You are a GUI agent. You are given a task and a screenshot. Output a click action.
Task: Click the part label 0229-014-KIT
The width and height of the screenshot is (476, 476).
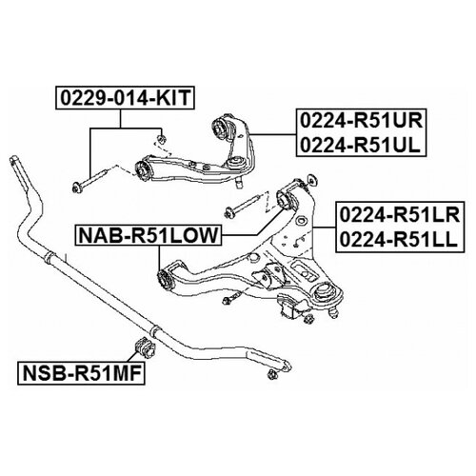[125, 98]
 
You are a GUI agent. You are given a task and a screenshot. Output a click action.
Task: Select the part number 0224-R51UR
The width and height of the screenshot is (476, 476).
[361, 121]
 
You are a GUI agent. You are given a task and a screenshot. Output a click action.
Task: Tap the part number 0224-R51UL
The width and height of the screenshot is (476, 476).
[360, 146]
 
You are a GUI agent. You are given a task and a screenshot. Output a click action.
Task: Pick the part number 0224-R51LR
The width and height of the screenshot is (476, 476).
[400, 215]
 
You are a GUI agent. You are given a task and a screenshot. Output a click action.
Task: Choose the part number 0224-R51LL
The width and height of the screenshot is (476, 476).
[399, 239]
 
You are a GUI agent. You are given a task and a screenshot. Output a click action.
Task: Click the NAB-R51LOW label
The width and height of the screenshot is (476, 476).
[149, 235]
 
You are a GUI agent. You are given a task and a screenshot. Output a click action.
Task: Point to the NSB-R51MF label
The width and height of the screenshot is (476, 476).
[82, 373]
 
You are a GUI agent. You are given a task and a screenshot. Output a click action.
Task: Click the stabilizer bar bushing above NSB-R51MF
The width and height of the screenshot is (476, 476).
[145, 347]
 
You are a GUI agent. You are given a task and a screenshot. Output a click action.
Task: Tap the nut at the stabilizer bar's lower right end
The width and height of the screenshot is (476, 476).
[272, 374]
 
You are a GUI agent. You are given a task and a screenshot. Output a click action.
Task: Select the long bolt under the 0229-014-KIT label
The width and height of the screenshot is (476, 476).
[90, 180]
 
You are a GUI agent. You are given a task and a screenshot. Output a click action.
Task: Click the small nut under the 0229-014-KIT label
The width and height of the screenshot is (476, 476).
[162, 138]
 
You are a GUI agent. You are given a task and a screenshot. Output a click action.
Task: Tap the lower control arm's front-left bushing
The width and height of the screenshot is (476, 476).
[165, 277]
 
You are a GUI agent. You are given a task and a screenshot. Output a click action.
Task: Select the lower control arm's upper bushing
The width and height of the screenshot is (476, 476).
[284, 199]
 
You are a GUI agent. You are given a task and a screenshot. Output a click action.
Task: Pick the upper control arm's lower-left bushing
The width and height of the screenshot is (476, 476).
[142, 171]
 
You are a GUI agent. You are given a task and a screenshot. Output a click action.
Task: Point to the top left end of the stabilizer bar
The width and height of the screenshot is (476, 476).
[14, 160]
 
